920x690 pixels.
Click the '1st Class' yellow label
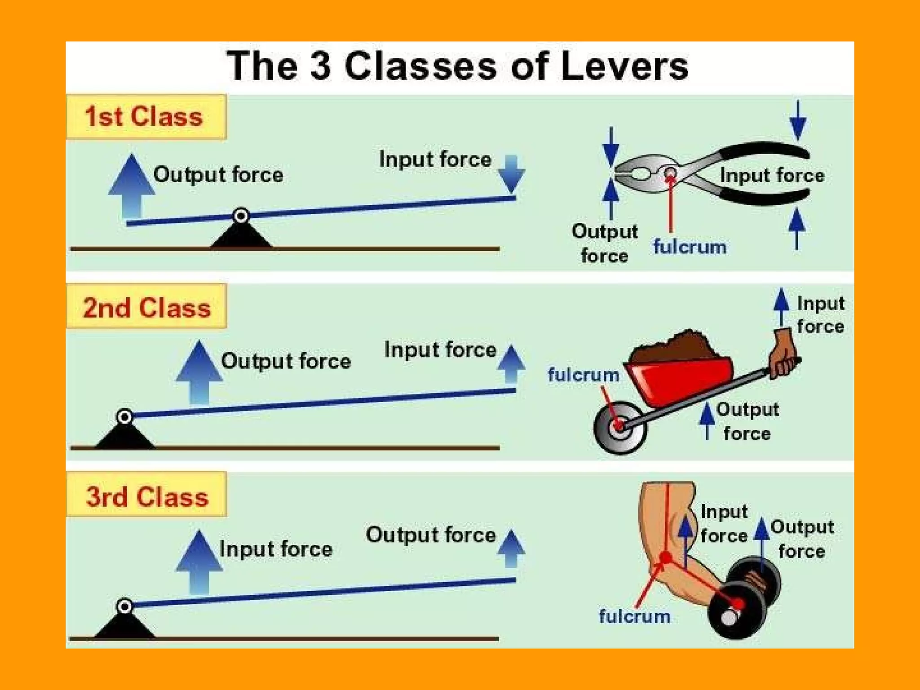(146, 117)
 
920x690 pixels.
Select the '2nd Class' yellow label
(146, 308)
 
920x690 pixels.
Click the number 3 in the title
(320, 66)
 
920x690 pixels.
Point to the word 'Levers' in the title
(624, 66)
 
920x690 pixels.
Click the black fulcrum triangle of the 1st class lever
(241, 235)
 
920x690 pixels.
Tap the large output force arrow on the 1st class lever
(132, 184)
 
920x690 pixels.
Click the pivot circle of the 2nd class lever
(124, 417)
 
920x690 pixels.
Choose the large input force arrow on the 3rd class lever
(199, 562)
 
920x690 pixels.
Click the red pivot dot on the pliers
(670, 172)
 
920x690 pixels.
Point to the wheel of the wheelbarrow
(620, 427)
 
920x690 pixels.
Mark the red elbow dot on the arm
(665, 557)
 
